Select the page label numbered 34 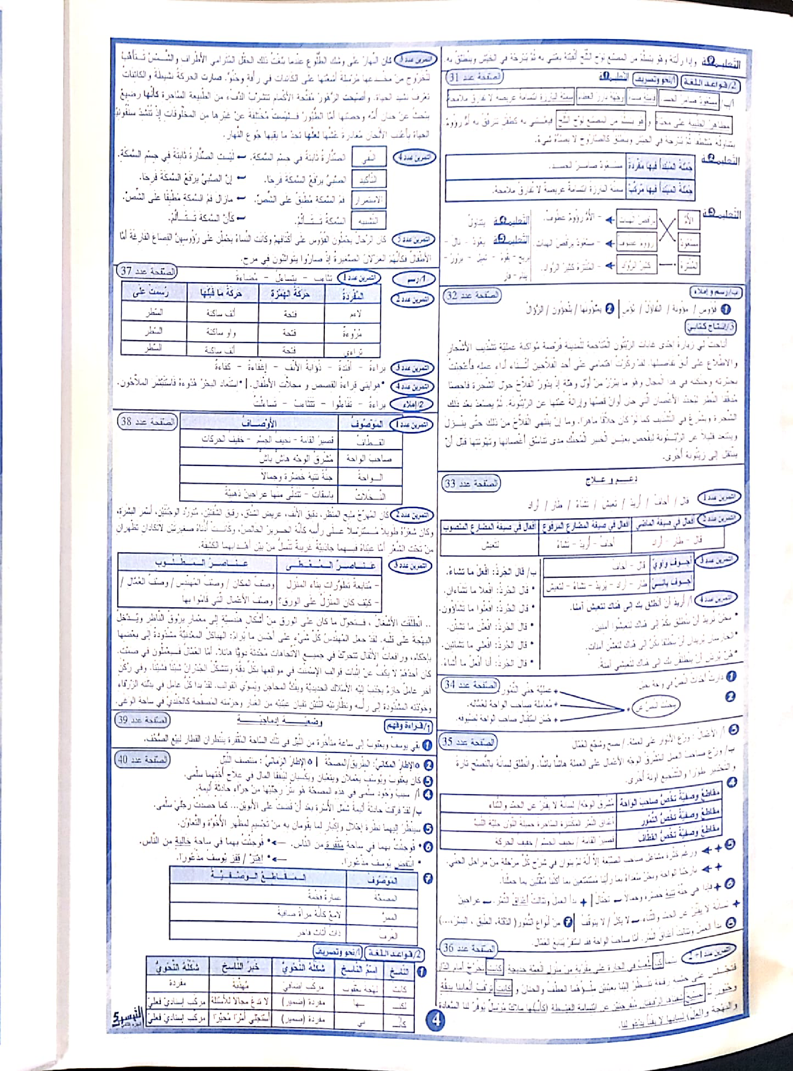pyautogui.click(x=470, y=684)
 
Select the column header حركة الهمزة pyautogui.click(x=291, y=294)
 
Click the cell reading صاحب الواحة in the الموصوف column pyautogui.click(x=369, y=459)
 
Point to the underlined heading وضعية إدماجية pyautogui.click(x=280, y=721)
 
